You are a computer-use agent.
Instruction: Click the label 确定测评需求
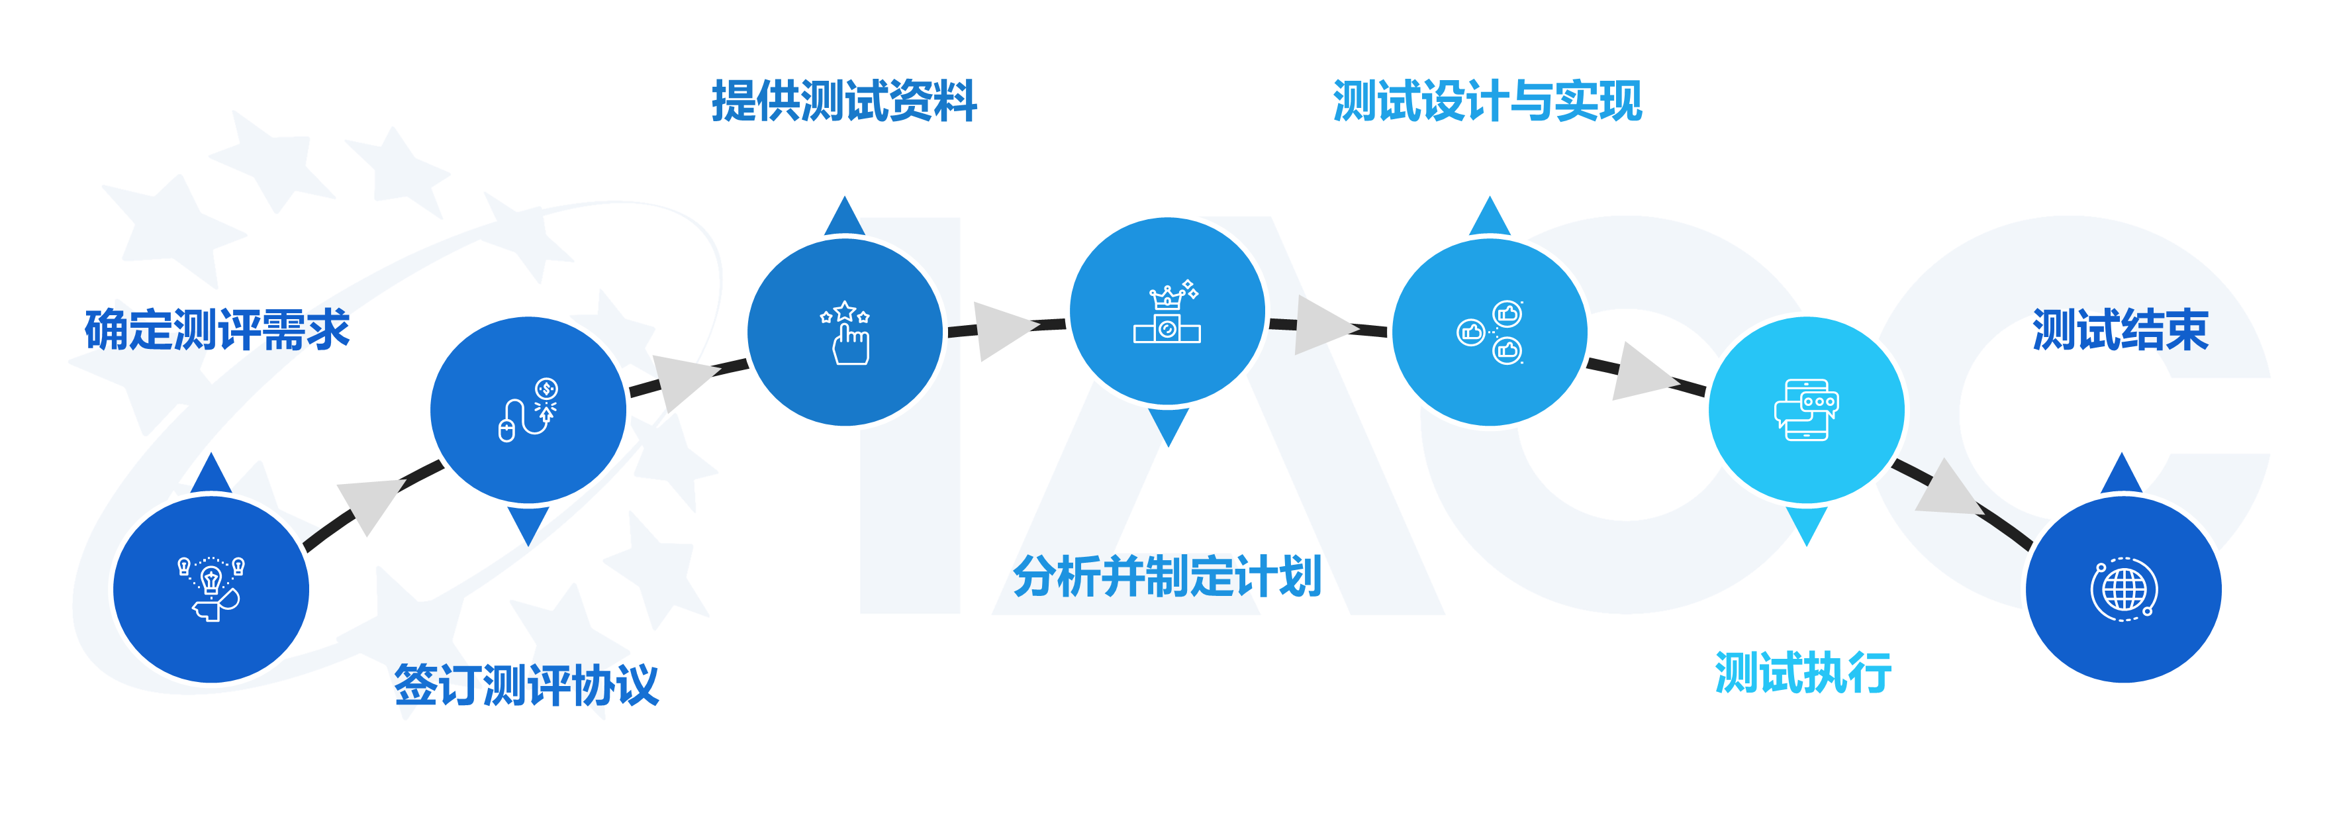pyautogui.click(x=217, y=329)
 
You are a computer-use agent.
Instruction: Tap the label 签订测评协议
pyautogui.click(x=526, y=685)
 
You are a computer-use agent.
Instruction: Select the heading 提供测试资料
pyautogui.click(x=843, y=100)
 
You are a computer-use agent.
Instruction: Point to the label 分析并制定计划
pyautogui.click(x=1167, y=576)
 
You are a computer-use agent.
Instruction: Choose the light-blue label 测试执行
pyautogui.click(x=1803, y=673)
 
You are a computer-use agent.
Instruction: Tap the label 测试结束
pyautogui.click(x=2120, y=329)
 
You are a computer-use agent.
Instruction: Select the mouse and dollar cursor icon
pyautogui.click(x=528, y=410)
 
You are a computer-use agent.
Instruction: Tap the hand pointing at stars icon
pyautogui.click(x=845, y=332)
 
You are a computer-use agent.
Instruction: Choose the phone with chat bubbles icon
pyautogui.click(x=1806, y=410)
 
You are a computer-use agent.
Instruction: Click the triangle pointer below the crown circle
pyautogui.click(x=1168, y=424)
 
